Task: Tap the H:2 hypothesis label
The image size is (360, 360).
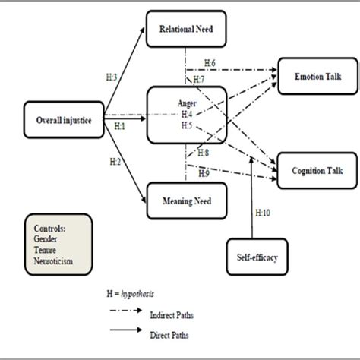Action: point(115,162)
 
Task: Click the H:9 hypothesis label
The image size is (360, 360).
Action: point(204,174)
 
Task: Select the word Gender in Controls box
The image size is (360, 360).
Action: point(48,238)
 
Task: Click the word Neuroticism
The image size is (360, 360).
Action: point(56,259)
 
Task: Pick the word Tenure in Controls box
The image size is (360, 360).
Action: point(48,248)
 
